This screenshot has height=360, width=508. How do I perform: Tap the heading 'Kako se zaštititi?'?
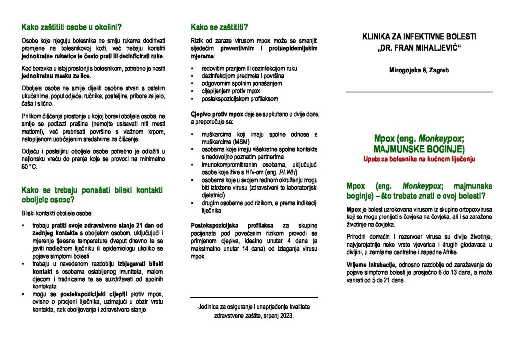tap(219, 27)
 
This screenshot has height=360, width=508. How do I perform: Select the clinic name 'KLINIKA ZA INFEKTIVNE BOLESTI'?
tap(419, 37)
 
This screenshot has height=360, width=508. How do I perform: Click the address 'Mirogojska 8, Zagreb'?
tap(419, 71)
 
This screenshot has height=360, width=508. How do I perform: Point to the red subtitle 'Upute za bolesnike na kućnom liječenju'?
tap(419, 159)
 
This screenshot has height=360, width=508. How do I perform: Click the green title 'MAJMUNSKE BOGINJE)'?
tap(419, 149)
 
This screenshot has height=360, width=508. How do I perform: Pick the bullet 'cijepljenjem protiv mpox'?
tap(231, 91)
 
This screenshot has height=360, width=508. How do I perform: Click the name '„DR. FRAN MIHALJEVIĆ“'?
tap(419, 48)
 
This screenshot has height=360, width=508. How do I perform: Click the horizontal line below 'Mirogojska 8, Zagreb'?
tap(419, 92)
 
